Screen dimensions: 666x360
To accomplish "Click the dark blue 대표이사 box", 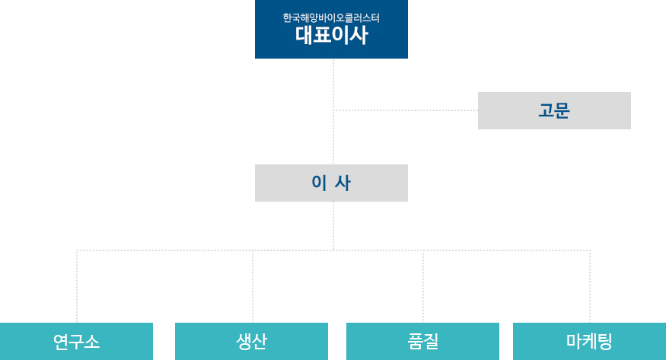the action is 331,29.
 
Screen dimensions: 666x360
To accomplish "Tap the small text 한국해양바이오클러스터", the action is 331,18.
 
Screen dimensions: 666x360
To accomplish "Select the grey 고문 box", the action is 554,111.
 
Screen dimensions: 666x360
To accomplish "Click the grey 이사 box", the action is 331,183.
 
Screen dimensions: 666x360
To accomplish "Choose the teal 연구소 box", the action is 76,341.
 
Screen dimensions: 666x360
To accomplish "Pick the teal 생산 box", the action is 251,341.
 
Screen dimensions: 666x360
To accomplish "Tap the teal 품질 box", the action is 422,341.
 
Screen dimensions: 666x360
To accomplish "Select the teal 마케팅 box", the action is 590,341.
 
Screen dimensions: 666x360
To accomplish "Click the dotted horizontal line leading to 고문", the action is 406,110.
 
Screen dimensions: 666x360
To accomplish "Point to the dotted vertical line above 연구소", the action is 77,287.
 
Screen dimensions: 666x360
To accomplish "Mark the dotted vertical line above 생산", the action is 253,287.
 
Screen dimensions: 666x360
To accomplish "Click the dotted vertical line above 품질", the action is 423,287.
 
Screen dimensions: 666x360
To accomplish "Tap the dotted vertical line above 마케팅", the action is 590,287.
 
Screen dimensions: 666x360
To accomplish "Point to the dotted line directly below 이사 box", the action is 333,226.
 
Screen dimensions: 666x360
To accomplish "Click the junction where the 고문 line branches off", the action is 333,110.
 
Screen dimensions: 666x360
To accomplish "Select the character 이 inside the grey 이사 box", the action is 319,183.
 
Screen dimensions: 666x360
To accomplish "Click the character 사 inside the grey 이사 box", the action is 343,183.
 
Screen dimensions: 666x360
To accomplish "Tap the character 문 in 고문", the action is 562,111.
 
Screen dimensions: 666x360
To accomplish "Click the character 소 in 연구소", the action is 92,342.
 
